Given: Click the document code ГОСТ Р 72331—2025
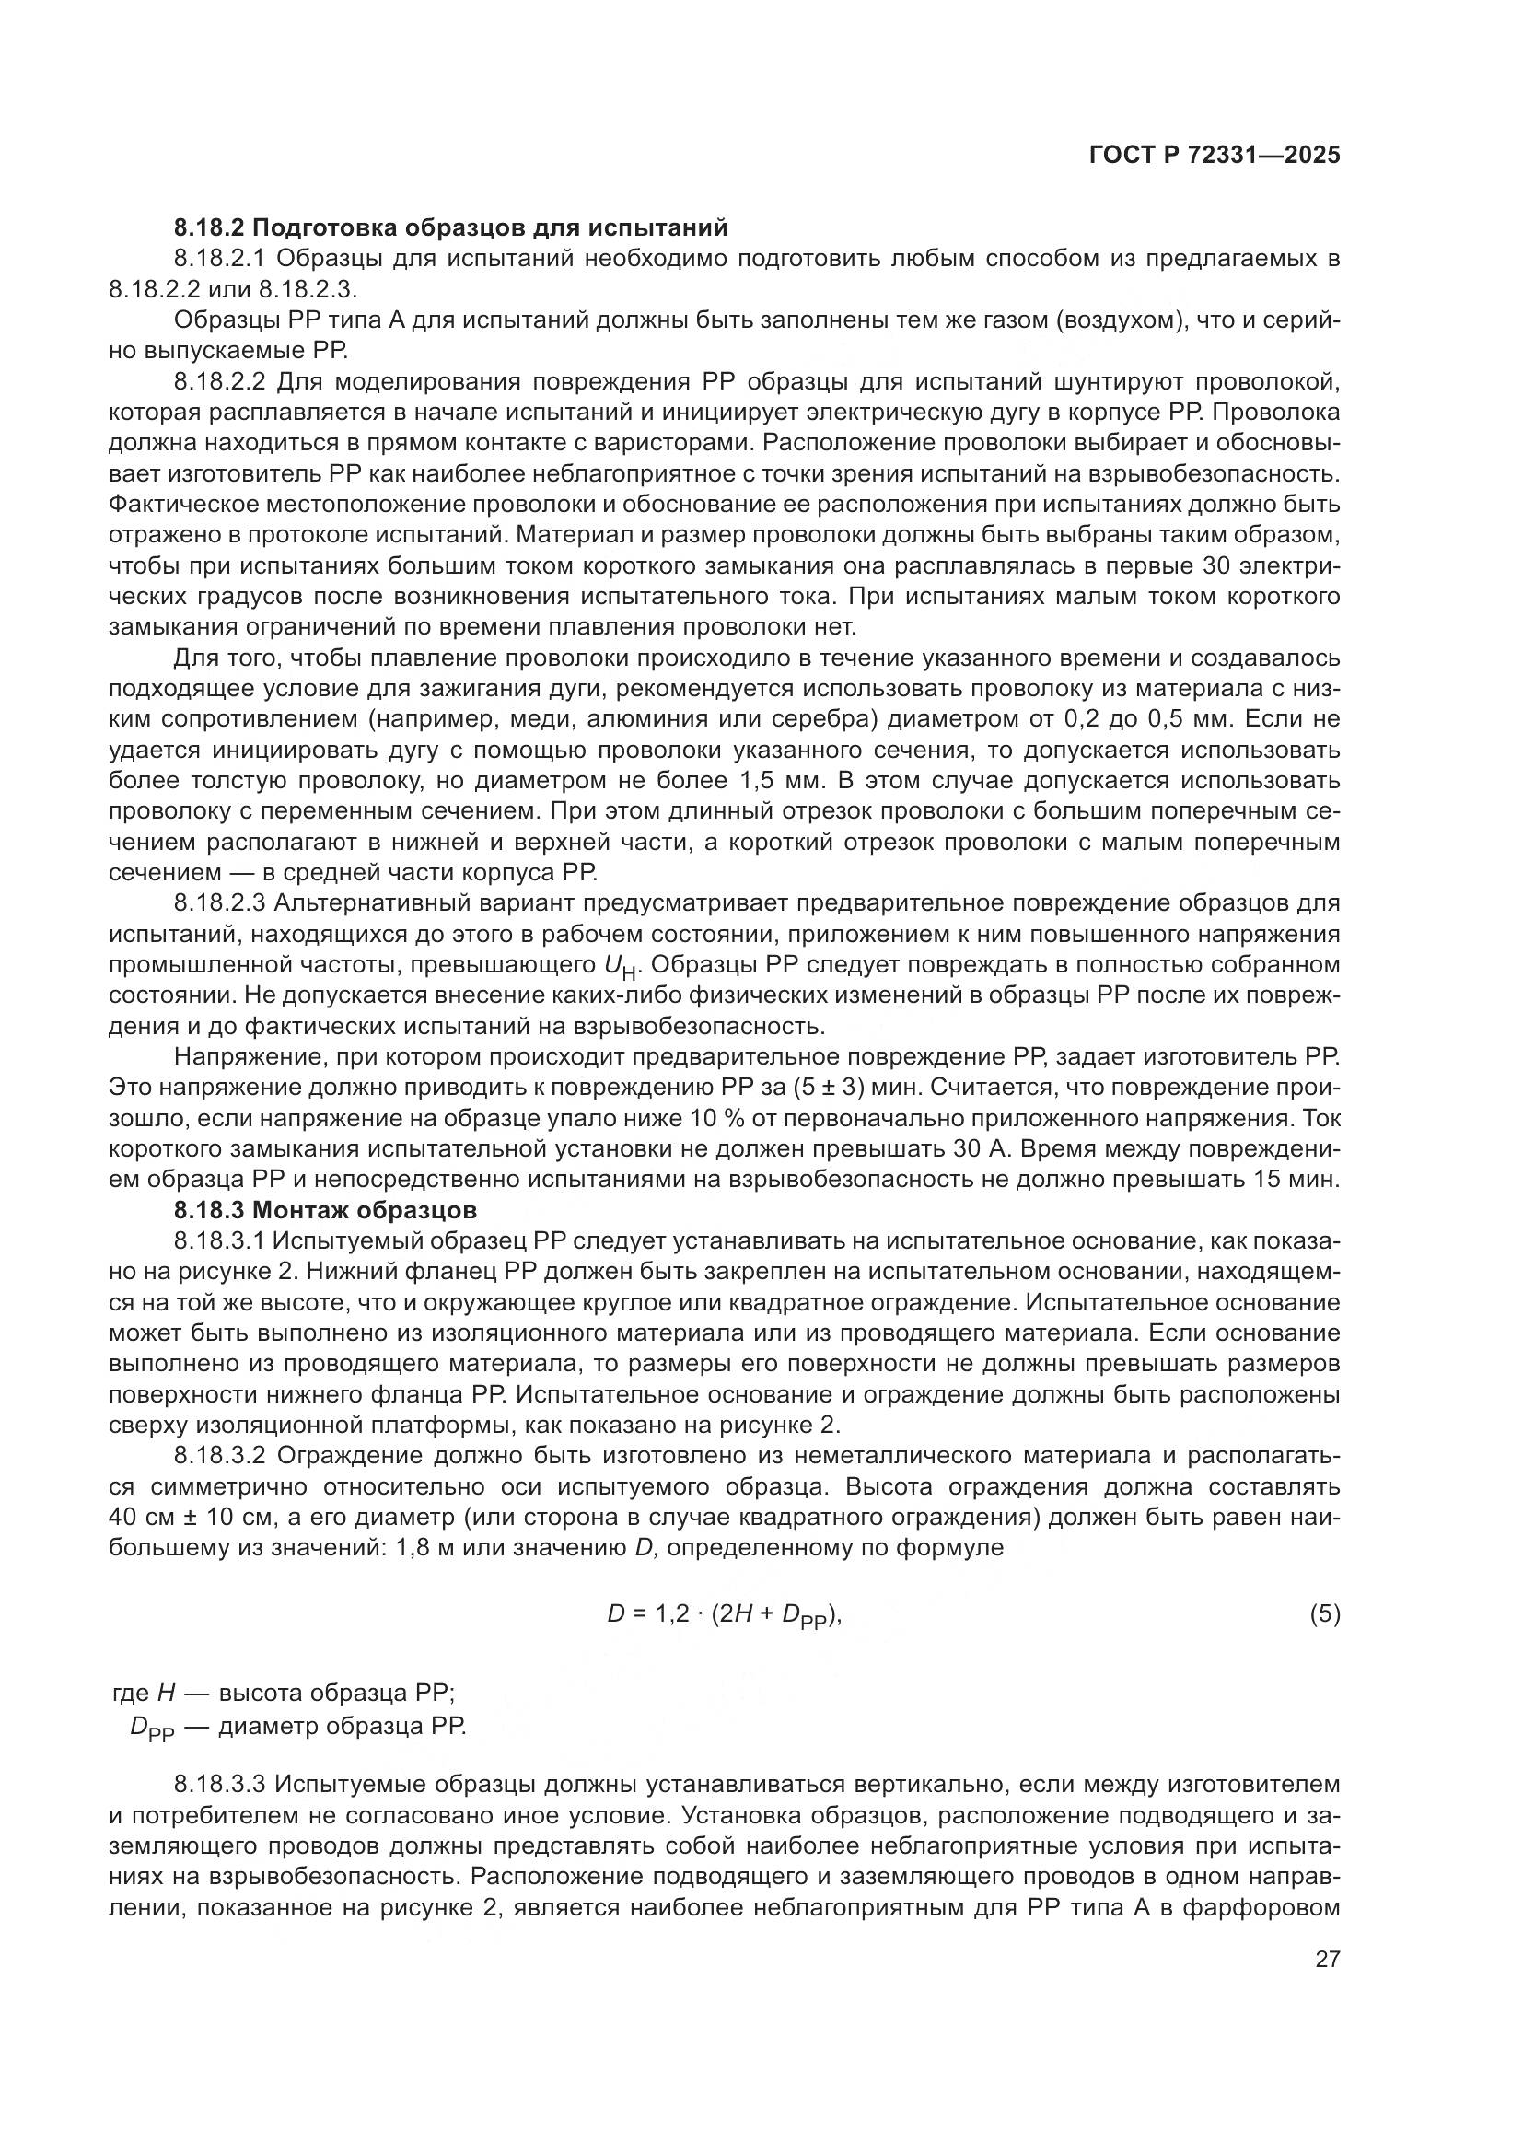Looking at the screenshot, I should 1215,156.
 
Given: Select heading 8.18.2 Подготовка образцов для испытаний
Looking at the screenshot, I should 450,227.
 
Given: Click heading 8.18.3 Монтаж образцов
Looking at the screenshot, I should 325,1209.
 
